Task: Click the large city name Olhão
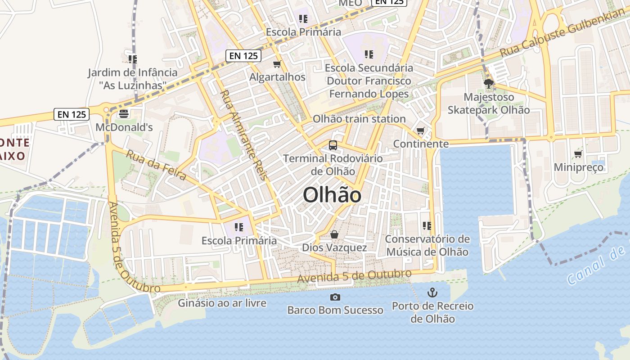pyautogui.click(x=332, y=195)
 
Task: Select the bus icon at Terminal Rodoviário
pyautogui.click(x=333, y=145)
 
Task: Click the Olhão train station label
pyautogui.click(x=359, y=119)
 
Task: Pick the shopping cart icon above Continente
pyautogui.click(x=420, y=131)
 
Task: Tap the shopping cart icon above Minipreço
pyautogui.click(x=578, y=154)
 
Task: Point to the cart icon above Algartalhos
pyautogui.click(x=277, y=64)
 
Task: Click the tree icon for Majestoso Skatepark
pyautogui.click(x=488, y=84)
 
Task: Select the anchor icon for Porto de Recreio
pyautogui.click(x=432, y=293)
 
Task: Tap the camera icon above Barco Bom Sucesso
pyautogui.click(x=335, y=297)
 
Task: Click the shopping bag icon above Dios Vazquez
pyautogui.click(x=334, y=234)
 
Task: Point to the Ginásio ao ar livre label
pyautogui.click(x=222, y=303)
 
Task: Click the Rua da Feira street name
pyautogui.click(x=156, y=165)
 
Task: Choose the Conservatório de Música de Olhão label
pyautogui.click(x=427, y=245)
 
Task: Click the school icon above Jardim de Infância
pyautogui.click(x=132, y=59)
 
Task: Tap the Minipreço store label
pyautogui.click(x=578, y=167)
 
